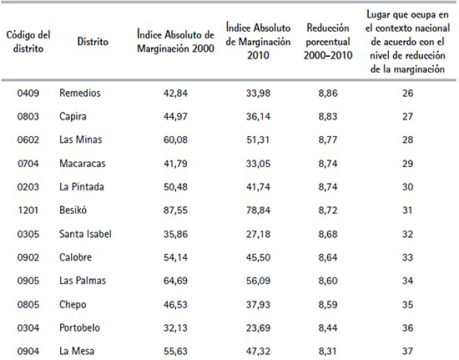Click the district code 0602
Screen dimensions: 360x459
point(27,139)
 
